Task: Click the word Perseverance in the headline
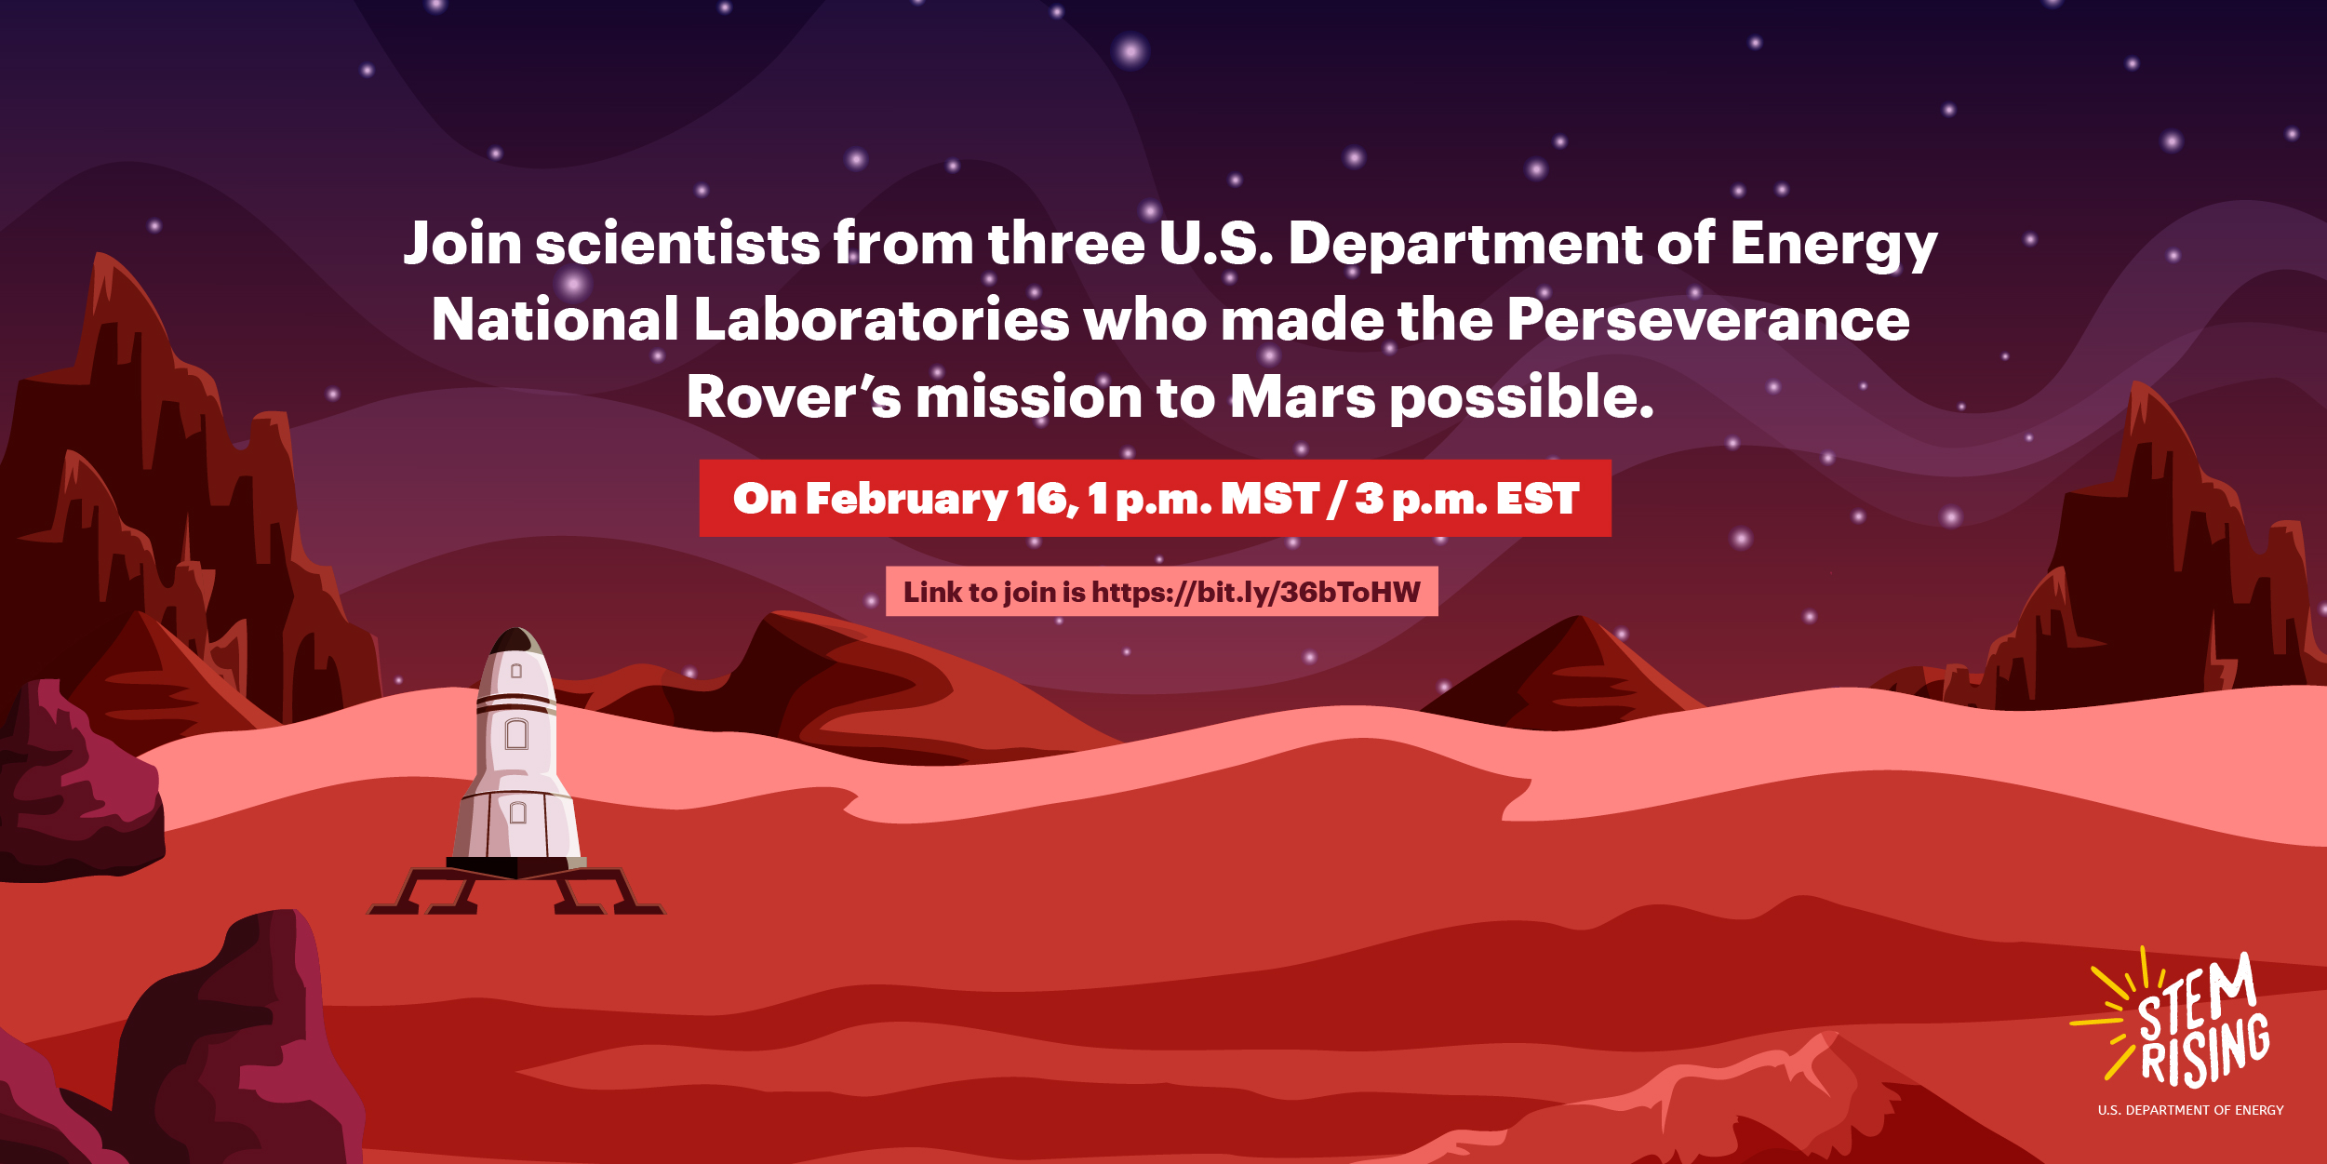pyautogui.click(x=1707, y=320)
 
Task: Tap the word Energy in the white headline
pyautogui.click(x=1833, y=244)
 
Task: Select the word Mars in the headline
pyautogui.click(x=1303, y=397)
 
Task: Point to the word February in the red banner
pyautogui.click(x=906, y=500)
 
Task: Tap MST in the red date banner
pyautogui.click(x=1270, y=499)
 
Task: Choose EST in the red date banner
pyautogui.click(x=1537, y=499)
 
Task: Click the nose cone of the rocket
pyautogui.click(x=515, y=642)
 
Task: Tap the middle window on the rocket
pyautogui.click(x=516, y=735)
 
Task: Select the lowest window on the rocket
pyautogui.click(x=518, y=812)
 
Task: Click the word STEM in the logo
pyautogui.click(x=2196, y=1001)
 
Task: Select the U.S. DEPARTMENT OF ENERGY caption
pyautogui.click(x=2190, y=1110)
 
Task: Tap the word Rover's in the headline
pyautogui.click(x=793, y=397)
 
